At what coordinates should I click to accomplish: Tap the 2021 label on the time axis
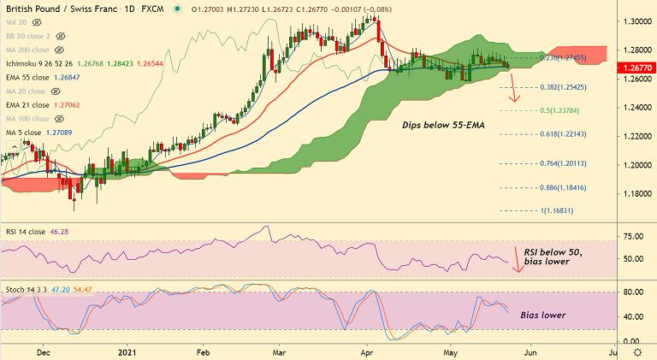(126, 351)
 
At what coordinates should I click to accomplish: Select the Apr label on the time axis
(368, 351)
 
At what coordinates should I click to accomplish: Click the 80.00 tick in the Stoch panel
(634, 292)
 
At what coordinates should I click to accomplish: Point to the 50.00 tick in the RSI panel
(634, 259)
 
